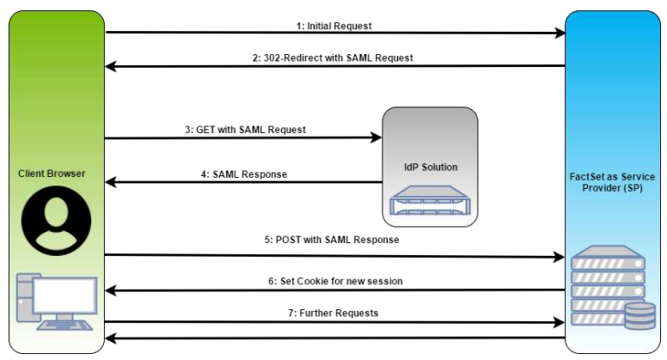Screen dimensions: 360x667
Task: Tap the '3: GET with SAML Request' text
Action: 245,129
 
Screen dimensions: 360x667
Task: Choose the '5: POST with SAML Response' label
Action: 335,240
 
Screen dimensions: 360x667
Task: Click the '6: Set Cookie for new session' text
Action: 335,281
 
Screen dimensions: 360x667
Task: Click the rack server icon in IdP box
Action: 430,205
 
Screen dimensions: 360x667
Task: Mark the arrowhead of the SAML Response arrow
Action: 109,182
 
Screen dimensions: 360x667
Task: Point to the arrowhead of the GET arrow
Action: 377,137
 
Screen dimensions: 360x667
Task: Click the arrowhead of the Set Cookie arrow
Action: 109,290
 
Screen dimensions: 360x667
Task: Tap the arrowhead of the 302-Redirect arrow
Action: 109,65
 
